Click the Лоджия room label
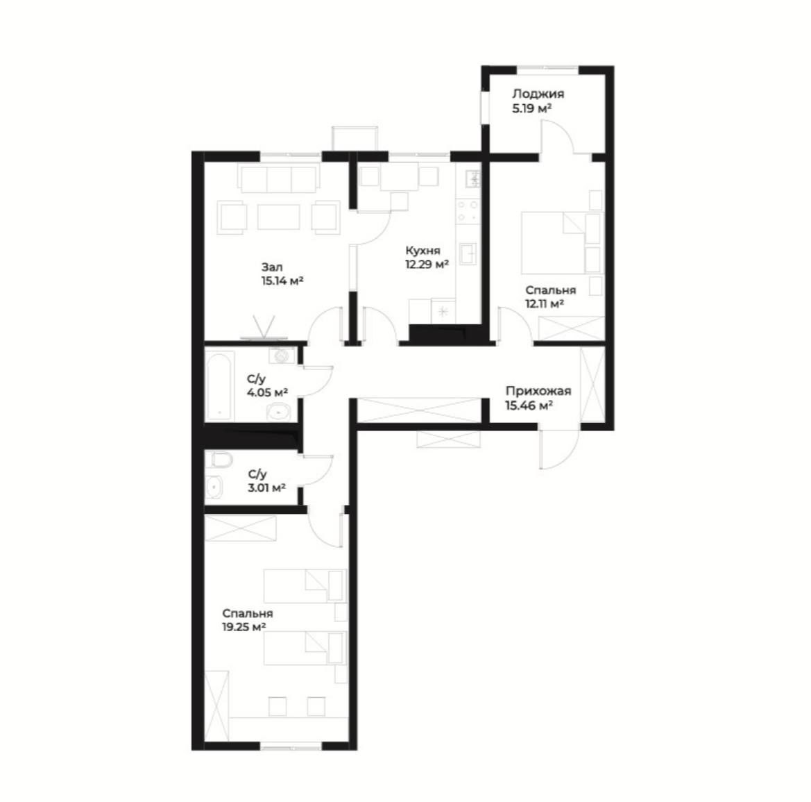tap(538, 94)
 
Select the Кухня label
tap(423, 251)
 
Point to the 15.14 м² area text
tap(282, 281)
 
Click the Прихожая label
tap(538, 392)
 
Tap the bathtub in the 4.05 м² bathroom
tap(221, 386)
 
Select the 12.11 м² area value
tap(545, 304)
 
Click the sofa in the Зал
tap(279, 178)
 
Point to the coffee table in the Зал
tap(279, 217)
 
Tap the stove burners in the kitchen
tap(468, 210)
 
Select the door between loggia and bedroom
tap(558, 137)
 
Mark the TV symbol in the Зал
tap(264, 329)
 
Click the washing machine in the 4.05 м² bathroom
tap(282, 356)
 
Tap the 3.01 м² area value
tap(267, 487)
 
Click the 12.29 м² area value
tap(427, 265)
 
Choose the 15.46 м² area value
tap(529, 406)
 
